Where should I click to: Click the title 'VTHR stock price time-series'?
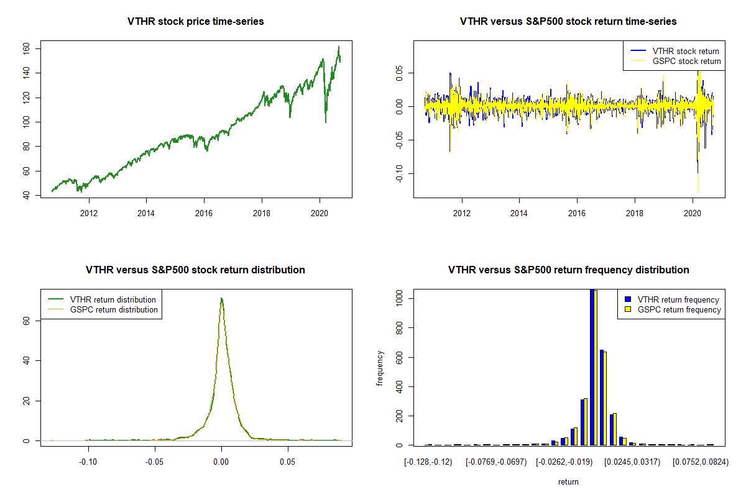(196, 22)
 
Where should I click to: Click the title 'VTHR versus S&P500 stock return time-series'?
(568, 22)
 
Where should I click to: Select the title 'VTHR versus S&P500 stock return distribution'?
(195, 270)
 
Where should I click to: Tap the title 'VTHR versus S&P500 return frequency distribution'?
(568, 270)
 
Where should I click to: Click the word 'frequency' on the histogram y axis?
(380, 368)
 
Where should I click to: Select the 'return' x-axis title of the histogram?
(568, 482)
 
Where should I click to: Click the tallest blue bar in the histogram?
(592, 367)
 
